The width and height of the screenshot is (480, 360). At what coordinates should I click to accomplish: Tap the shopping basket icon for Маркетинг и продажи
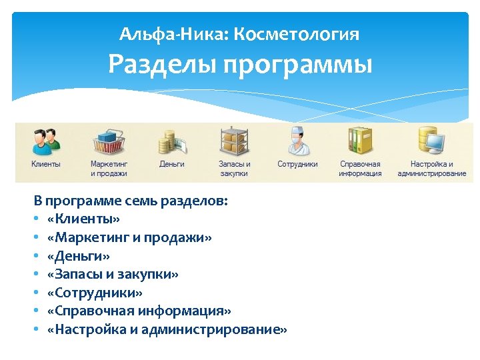109,140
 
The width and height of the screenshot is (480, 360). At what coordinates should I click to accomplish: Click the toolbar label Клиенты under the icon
45,164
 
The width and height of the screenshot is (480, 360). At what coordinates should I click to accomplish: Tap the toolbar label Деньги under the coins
171,164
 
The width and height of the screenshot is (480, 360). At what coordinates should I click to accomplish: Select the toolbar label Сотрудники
297,164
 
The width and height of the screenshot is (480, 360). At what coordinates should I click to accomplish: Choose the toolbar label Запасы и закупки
235,169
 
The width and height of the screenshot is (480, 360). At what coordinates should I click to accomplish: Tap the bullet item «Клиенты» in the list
84,219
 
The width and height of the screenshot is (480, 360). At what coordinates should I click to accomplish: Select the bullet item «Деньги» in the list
79,255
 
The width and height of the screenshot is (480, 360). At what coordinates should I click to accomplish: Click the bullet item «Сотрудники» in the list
95,293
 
